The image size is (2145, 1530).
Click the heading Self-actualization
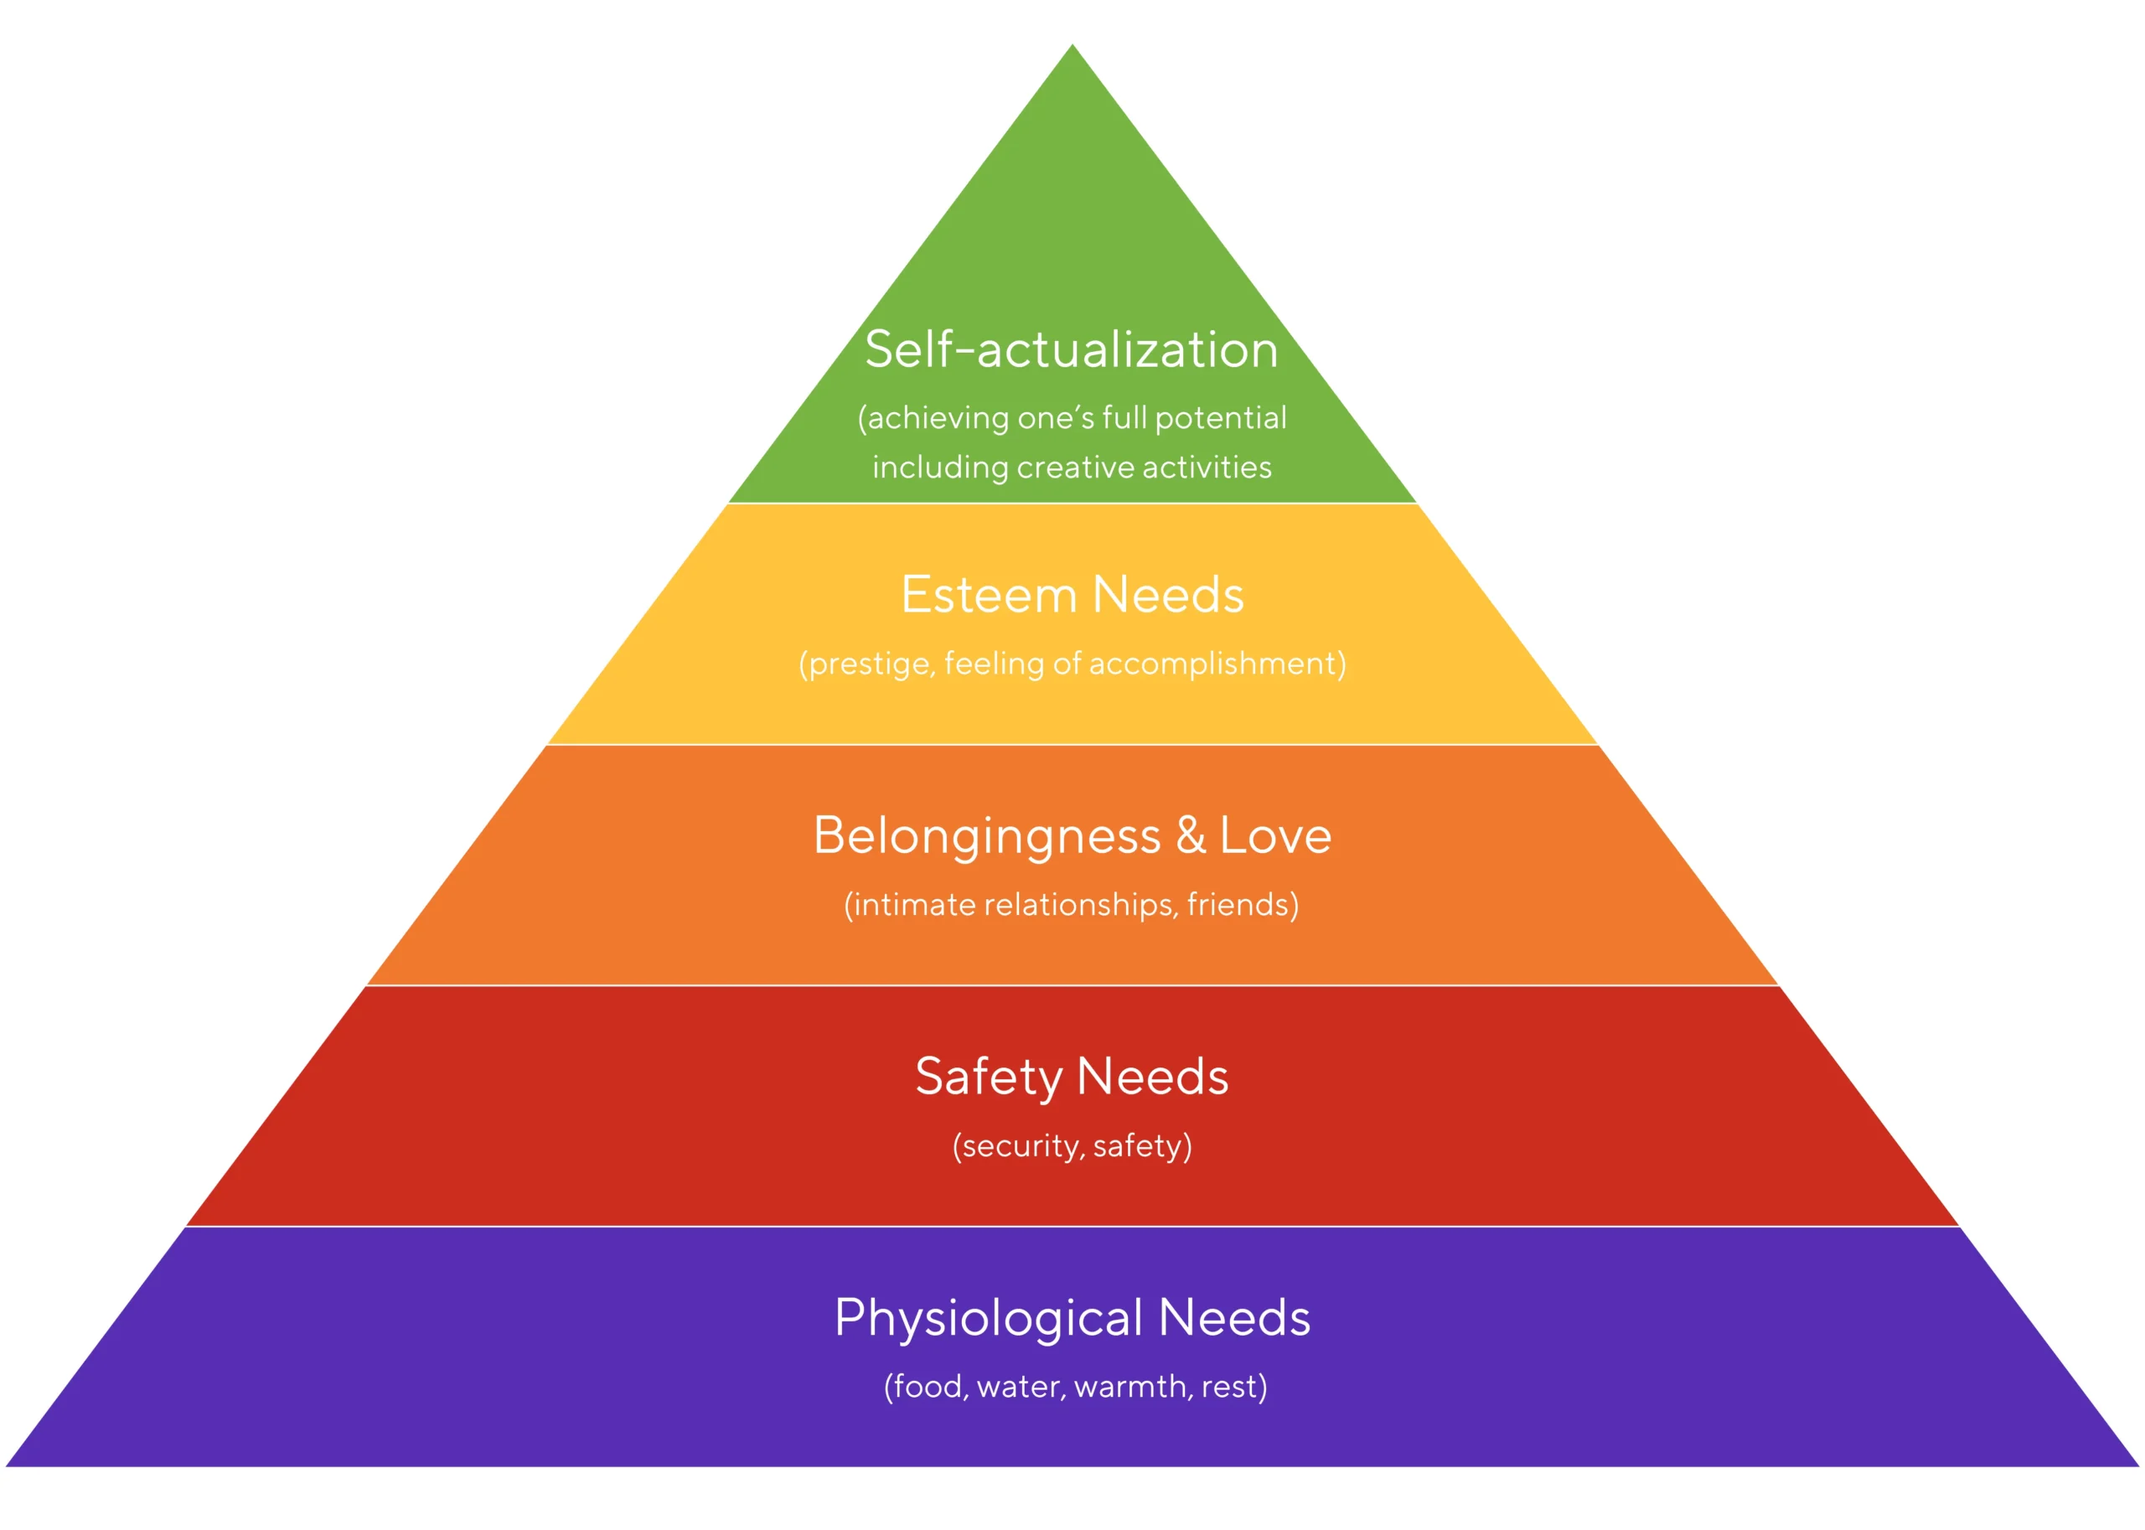(1071, 349)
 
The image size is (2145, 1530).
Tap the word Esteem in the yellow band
(988, 596)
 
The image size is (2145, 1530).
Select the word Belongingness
(986, 836)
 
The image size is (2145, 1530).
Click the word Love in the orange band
(1274, 835)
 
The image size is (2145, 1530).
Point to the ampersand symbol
(1190, 835)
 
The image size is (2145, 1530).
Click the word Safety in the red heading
(988, 1077)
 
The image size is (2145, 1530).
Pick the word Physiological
(988, 1318)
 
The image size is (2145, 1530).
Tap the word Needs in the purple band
(1234, 1318)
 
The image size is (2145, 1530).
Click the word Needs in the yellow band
(1168, 596)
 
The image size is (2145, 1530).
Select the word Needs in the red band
(1152, 1077)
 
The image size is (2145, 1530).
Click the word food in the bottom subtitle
(927, 1387)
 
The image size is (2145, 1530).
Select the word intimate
(914, 906)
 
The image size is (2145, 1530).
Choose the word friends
(1237, 906)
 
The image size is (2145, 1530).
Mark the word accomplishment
(1213, 664)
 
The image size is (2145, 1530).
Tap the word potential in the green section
(1220, 418)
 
